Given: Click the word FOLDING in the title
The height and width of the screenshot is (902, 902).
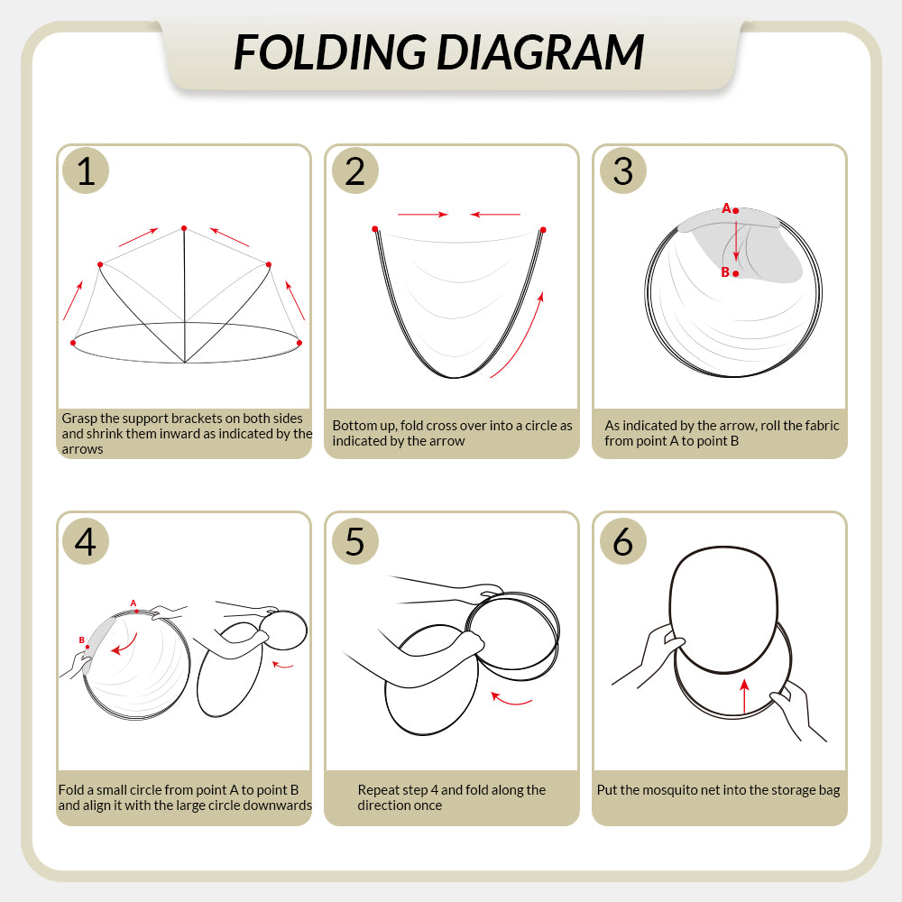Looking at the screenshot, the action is pos(329,52).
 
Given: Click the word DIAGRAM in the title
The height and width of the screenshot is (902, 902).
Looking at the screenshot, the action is pos(540,52).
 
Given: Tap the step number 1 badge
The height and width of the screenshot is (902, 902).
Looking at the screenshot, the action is pos(86,170).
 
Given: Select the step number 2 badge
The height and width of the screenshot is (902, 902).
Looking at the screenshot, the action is pos(354,170).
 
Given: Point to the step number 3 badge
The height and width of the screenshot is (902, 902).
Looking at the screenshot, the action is pos(623,170).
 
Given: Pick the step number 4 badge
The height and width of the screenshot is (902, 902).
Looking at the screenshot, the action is pos(86,541).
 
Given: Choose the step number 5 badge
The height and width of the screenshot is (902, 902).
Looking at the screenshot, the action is pos(354,541).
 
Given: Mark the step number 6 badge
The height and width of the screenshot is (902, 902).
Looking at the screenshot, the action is pos(623,541).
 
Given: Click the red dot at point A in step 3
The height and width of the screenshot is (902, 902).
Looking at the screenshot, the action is pos(735,211).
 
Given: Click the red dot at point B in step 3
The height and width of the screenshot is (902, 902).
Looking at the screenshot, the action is pos(735,274).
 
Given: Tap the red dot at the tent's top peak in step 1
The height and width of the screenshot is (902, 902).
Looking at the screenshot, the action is pos(184,228).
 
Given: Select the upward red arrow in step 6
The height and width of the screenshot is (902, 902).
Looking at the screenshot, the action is pos(745,696).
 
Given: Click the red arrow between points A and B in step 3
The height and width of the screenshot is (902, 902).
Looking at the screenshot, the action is pos(736,240).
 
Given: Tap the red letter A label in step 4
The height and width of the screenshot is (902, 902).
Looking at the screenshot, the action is pos(133,603).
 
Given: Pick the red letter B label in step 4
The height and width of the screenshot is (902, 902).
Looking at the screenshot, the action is pos(82,640).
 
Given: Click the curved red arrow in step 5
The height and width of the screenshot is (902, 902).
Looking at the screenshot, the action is pos(511,700).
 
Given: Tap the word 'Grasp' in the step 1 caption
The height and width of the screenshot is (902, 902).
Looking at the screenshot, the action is pos(79,419).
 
